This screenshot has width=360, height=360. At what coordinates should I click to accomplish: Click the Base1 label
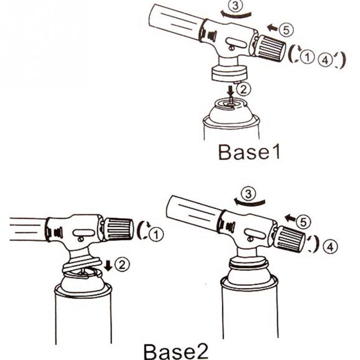click(249, 152)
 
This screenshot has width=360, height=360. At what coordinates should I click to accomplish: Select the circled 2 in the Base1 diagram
click(243, 89)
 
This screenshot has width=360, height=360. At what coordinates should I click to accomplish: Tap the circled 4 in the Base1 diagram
click(325, 59)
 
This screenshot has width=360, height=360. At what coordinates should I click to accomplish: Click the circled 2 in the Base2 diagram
click(122, 265)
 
